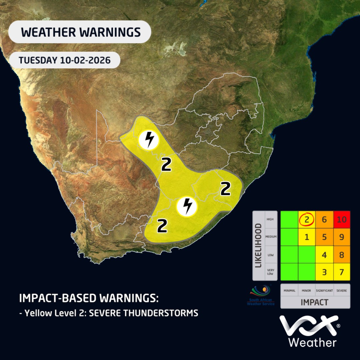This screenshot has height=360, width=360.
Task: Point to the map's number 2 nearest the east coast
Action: point(226,189)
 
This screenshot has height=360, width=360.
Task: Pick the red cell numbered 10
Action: point(341,220)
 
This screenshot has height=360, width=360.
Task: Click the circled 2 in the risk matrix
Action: point(306,220)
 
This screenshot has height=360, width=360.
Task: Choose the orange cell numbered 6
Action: point(324,220)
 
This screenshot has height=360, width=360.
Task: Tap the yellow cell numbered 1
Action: point(306,237)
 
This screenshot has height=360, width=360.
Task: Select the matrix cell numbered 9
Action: point(341,237)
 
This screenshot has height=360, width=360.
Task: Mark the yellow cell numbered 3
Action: point(324,272)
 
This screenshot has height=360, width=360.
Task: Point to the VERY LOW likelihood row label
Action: point(270,272)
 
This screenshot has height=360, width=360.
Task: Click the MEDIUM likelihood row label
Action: point(270,237)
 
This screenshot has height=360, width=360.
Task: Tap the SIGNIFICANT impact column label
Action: point(324,291)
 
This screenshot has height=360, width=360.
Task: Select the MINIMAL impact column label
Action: point(289,291)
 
